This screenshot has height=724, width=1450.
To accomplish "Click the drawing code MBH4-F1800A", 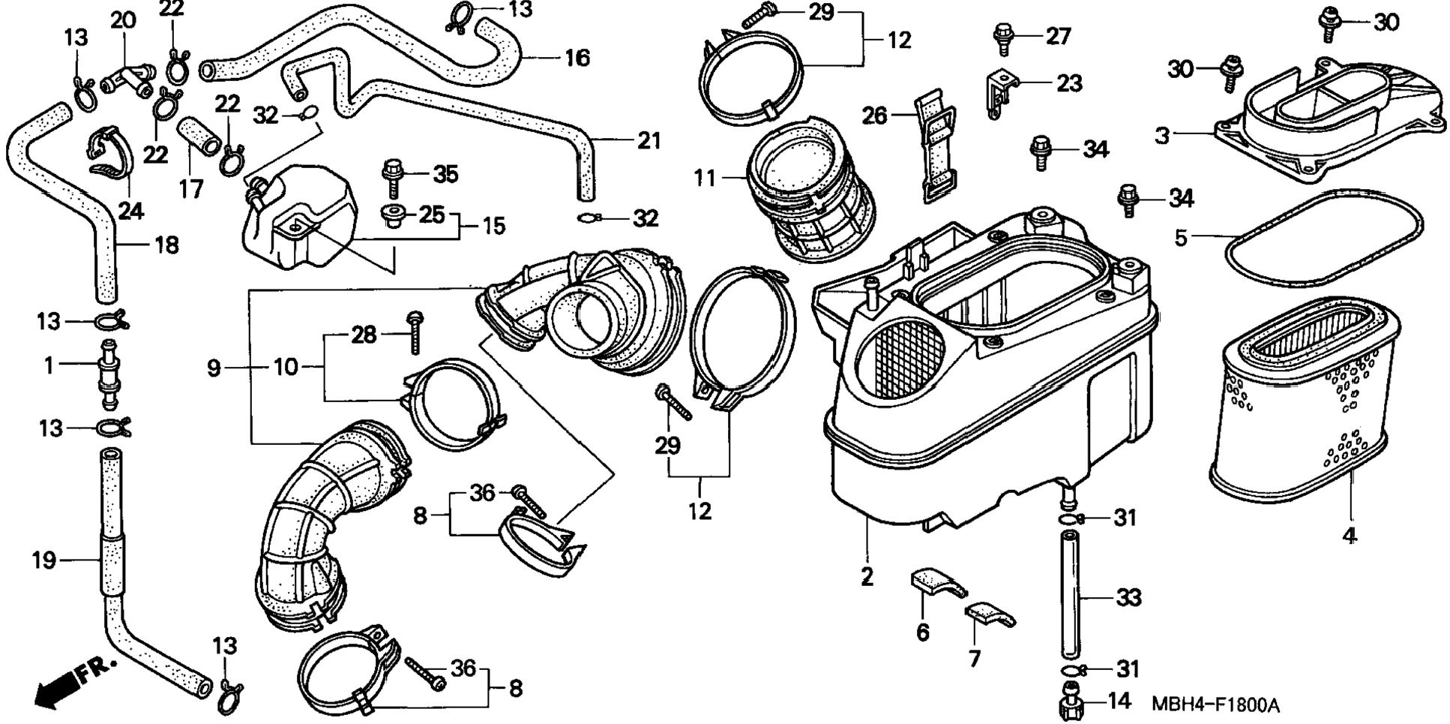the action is tap(1215, 705).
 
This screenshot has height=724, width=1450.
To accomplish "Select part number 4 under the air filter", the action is tap(1350, 537).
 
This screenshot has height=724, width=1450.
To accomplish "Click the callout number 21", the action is tap(649, 140).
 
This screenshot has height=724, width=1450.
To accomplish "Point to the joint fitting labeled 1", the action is tap(106, 372).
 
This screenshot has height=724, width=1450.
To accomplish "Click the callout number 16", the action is tap(577, 58).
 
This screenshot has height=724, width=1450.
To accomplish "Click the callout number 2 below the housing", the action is tap(867, 576).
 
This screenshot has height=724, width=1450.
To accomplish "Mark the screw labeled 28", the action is tap(415, 332).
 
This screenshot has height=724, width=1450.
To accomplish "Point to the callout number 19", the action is tap(44, 559).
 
